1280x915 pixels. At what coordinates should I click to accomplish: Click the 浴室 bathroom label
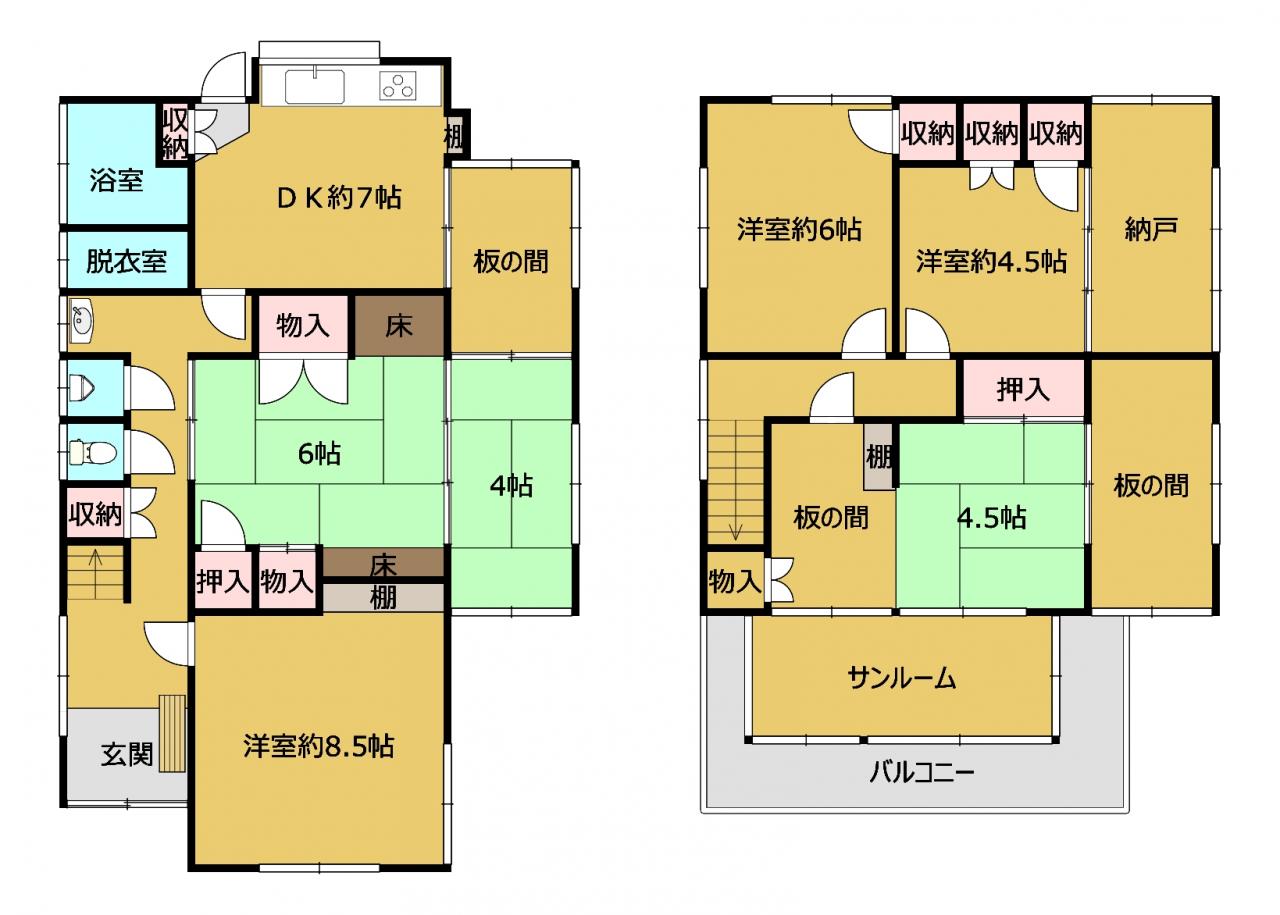(116, 180)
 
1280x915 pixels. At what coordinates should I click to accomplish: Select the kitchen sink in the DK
(314, 86)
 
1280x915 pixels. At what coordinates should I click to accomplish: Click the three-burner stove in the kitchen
(398, 87)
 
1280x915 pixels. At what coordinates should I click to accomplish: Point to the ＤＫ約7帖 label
(339, 198)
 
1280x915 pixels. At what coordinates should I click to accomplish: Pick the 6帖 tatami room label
(319, 454)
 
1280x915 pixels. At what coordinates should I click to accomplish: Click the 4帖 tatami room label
(511, 486)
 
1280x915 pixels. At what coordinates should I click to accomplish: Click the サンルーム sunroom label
(902, 679)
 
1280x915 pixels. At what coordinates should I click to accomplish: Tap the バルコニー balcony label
(921, 773)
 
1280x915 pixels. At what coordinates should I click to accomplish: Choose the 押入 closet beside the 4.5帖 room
(1023, 389)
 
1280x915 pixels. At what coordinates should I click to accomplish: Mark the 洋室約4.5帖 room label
(991, 262)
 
